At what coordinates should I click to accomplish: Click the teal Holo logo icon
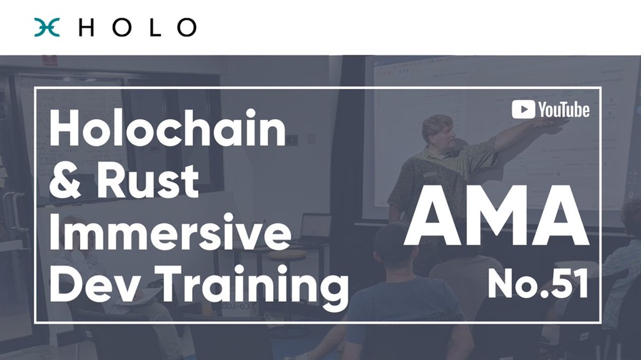point(47,28)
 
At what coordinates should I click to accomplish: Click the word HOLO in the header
point(137,28)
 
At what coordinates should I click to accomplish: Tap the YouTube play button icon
point(523,110)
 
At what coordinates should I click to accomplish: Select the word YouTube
point(563,110)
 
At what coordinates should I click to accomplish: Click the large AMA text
point(496,215)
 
